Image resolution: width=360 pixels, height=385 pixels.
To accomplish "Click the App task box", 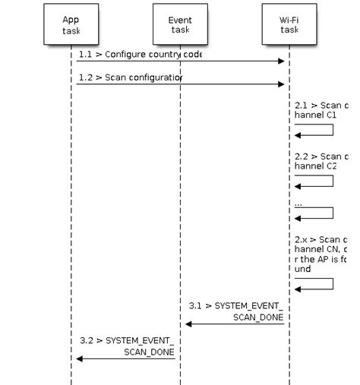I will [71, 26].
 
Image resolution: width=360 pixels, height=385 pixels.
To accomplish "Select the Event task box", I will [180, 26].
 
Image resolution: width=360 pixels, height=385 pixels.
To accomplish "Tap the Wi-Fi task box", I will [289, 26].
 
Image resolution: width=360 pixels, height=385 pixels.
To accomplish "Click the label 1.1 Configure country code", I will [139, 55].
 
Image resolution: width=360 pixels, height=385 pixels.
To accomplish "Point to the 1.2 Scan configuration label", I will [130, 77].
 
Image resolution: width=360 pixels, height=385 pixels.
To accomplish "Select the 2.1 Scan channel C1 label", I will [320, 110].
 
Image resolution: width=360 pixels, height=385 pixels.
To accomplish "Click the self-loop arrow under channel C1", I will [315, 130].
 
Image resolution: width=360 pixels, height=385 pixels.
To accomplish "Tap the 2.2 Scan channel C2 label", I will [320, 160].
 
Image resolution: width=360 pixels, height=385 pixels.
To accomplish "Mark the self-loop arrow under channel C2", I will [315, 181].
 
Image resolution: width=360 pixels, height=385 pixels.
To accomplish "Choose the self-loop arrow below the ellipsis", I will [315, 213].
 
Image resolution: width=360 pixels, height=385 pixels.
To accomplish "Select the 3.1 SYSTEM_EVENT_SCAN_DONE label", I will [235, 310].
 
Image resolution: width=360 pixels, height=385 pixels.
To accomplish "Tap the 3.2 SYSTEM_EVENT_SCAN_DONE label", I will [127, 346].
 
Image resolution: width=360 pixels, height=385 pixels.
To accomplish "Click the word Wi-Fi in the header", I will [289, 20].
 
